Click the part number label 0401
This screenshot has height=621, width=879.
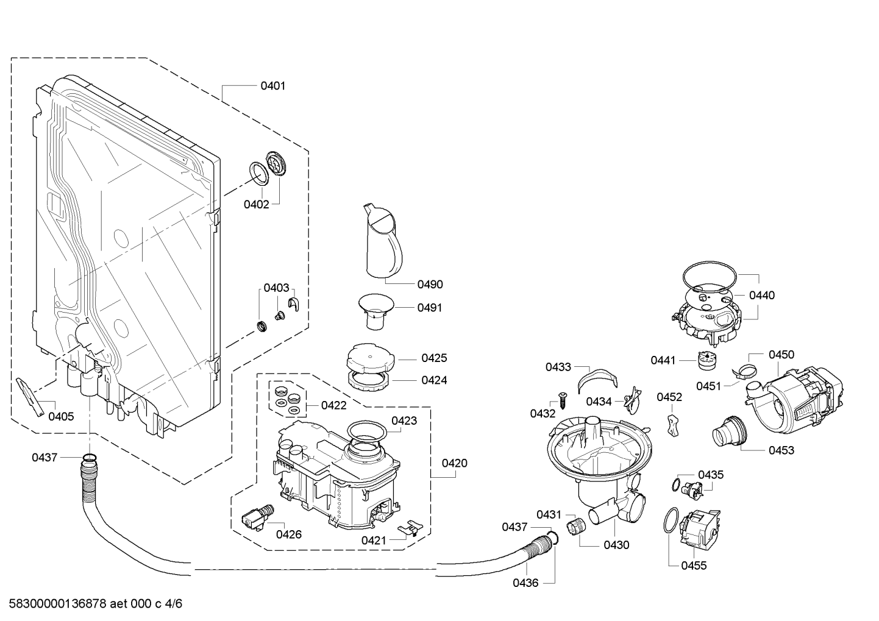click(x=272, y=85)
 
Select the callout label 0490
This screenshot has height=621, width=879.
click(x=430, y=284)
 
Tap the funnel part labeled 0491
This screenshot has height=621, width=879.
click(x=375, y=311)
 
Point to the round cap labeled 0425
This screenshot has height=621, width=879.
click(x=370, y=357)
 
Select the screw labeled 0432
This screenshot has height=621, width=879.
click(x=563, y=400)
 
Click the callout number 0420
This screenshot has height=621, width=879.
click(x=454, y=463)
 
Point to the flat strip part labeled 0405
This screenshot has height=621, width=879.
click(x=30, y=397)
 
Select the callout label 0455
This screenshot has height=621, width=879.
click(x=694, y=566)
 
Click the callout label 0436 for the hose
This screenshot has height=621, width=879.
click(x=525, y=583)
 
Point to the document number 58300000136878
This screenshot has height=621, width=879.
click(x=57, y=603)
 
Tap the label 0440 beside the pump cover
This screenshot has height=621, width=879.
click(x=762, y=295)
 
